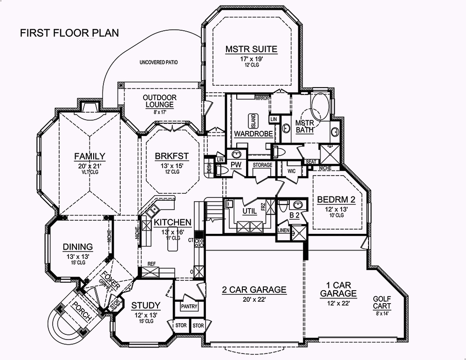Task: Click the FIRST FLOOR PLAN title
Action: pyautogui.click(x=69, y=33)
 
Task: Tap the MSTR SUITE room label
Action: pyautogui.click(x=251, y=49)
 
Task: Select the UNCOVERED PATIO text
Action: pyautogui.click(x=158, y=62)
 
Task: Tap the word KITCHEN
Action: pyautogui.click(x=172, y=222)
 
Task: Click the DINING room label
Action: pyautogui.click(x=78, y=247)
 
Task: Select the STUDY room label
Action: pyautogui.click(x=145, y=306)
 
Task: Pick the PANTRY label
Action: pyautogui.click(x=189, y=306)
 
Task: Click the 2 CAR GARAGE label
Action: pyautogui.click(x=254, y=290)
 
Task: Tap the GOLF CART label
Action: pyautogui.click(x=382, y=303)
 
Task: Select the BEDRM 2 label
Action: pyautogui.click(x=336, y=200)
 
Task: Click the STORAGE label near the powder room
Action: pyautogui.click(x=262, y=165)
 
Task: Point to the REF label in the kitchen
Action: pyautogui.click(x=151, y=264)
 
